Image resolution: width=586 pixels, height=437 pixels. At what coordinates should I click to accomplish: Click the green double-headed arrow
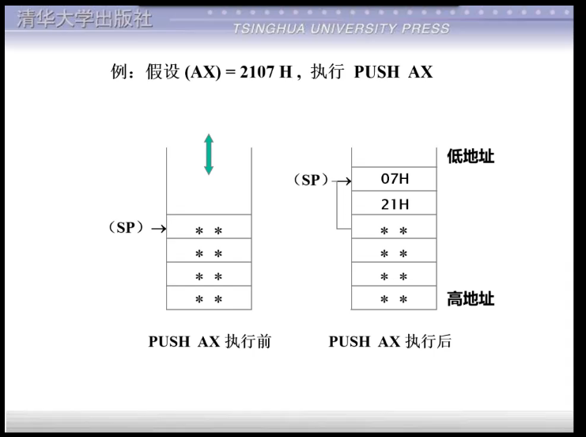tap(209, 154)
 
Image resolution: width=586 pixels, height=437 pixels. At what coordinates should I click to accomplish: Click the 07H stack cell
tap(394, 179)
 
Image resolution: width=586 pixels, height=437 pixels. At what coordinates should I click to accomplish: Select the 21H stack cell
tap(394, 204)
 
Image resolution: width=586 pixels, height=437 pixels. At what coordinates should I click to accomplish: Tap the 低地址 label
tap(471, 156)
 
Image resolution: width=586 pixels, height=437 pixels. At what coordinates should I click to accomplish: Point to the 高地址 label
tap(471, 299)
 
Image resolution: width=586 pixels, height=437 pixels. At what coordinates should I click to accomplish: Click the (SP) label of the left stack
tap(127, 228)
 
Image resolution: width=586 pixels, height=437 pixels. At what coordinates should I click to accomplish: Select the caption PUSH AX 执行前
tap(210, 342)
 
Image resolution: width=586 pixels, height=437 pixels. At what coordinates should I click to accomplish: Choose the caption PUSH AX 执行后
tap(390, 342)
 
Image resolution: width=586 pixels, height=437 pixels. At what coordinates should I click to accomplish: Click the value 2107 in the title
tap(252, 72)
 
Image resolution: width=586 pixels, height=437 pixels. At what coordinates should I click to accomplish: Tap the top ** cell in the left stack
tap(209, 230)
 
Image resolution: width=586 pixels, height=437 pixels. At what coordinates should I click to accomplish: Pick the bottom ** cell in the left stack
tap(209, 299)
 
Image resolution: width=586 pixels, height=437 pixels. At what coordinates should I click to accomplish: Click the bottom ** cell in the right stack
tap(394, 299)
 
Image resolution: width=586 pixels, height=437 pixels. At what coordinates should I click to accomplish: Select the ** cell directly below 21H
tap(394, 230)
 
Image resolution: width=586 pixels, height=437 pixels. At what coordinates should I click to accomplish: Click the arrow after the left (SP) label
tap(158, 230)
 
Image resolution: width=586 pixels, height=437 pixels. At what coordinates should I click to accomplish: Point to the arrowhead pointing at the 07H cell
tap(347, 181)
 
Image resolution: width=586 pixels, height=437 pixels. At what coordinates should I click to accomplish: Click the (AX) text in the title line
tap(201, 72)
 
